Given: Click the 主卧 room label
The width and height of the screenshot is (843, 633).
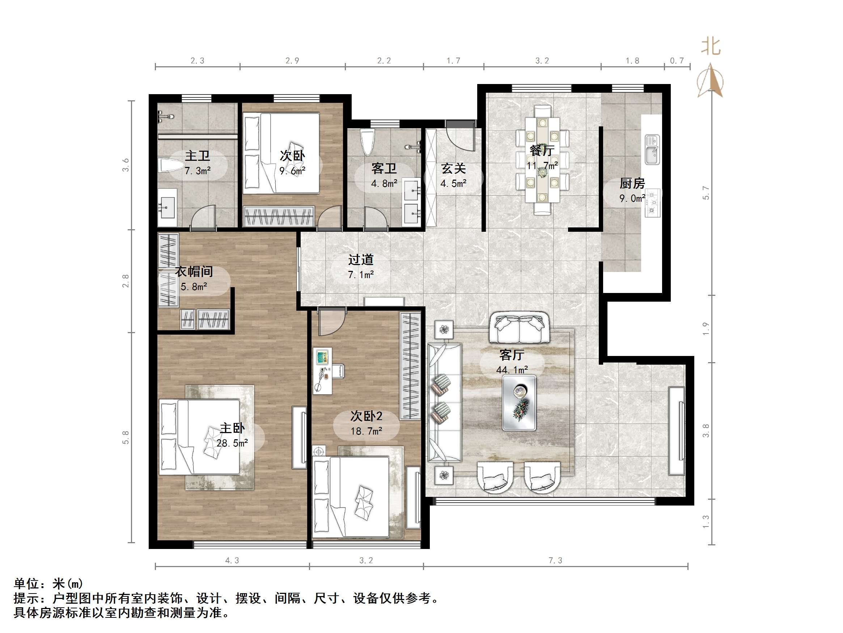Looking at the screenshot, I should (x=232, y=428).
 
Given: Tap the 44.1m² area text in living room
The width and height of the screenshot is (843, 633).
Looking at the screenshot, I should (x=512, y=370).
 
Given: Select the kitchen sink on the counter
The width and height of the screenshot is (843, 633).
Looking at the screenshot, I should (x=652, y=150).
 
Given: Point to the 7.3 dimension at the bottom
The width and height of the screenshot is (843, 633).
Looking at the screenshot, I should (x=555, y=560).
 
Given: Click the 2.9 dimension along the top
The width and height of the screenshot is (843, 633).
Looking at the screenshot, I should (x=292, y=61).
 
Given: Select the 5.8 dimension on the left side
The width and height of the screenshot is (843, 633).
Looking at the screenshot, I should (x=126, y=437).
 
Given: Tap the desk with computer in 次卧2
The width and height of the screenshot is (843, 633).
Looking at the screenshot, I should (x=322, y=370).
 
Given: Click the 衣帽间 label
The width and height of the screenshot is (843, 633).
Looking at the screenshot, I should (x=194, y=272).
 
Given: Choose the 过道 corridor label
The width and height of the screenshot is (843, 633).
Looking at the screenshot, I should (x=360, y=260).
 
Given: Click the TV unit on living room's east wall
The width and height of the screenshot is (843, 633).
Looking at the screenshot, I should (x=677, y=431).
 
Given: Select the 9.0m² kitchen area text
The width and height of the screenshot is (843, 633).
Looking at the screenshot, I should (x=632, y=198).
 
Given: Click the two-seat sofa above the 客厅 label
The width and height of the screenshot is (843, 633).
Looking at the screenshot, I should (x=519, y=327).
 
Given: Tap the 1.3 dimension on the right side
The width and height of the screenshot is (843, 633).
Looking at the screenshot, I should (x=706, y=521).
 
